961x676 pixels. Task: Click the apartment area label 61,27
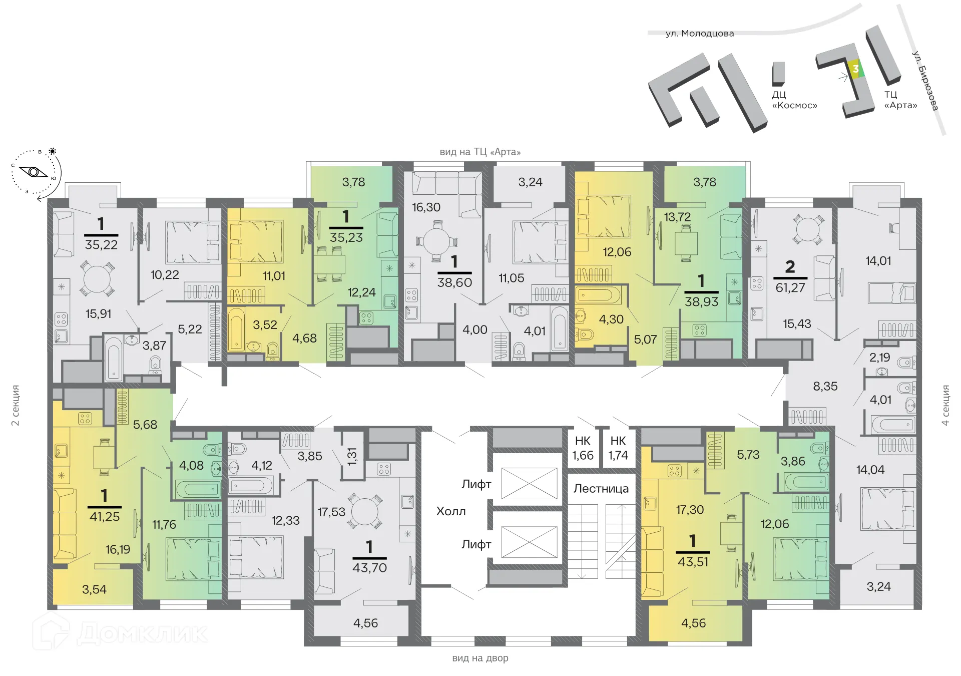coord(790,288)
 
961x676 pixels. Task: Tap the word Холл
coord(451,511)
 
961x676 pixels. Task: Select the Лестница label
coord(601,489)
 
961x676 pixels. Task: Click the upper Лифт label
coord(476,484)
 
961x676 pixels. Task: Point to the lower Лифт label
coord(476,544)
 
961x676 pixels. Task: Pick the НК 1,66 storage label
coord(583,448)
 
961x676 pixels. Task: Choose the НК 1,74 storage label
coord(618,448)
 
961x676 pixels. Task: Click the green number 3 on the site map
coord(855,69)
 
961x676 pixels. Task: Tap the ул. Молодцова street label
coord(699,34)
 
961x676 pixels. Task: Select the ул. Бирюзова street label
coord(925,81)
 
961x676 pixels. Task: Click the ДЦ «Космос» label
coord(794,100)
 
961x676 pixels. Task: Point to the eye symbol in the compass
coord(34,172)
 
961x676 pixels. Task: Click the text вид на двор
coord(480,658)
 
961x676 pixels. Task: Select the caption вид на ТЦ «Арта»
coord(480,152)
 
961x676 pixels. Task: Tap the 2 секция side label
coord(16,405)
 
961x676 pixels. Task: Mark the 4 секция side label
coord(945,405)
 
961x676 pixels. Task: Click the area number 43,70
coord(369,568)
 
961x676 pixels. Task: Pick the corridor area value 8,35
coord(825,386)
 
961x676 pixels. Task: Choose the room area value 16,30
coord(426,207)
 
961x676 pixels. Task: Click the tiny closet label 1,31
coord(352,456)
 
